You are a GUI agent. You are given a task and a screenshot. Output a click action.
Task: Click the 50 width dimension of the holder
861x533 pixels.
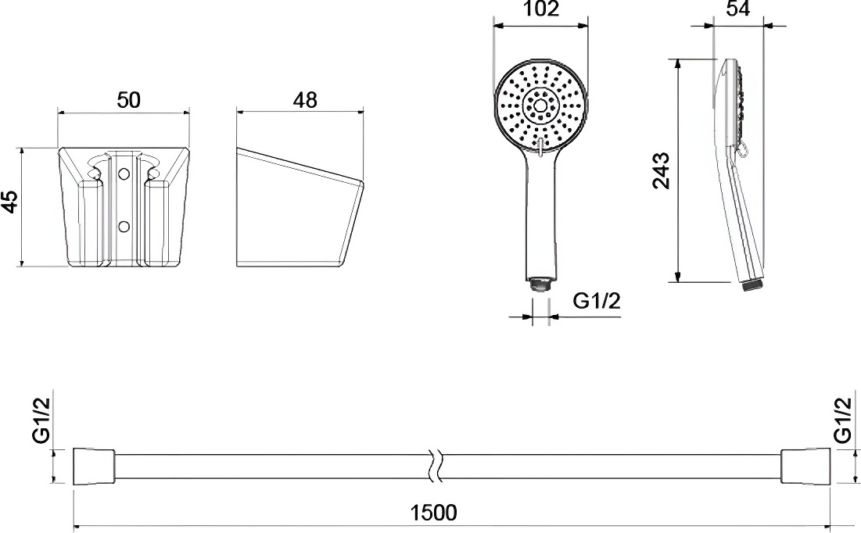coord(128,100)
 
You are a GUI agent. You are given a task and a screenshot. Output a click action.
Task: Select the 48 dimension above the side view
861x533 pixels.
coord(305,100)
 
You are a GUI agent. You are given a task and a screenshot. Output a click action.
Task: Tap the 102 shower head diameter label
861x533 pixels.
coord(541,9)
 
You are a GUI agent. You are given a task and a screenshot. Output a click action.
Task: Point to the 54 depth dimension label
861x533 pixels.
coord(738,9)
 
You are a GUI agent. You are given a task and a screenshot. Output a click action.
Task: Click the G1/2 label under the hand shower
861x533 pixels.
coord(597,301)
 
